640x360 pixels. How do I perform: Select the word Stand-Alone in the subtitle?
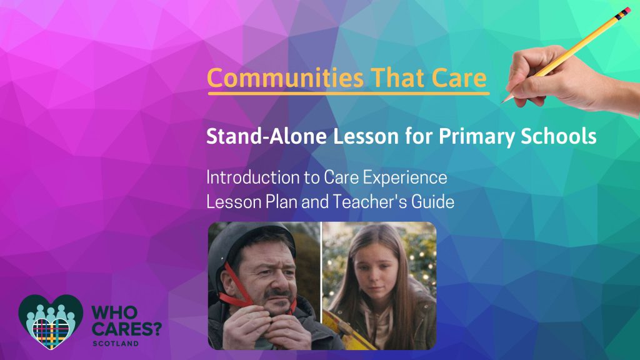(x=266, y=136)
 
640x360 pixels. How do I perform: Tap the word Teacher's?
(x=370, y=202)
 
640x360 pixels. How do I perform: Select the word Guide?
(x=432, y=202)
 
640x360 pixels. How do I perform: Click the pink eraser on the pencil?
(x=625, y=12)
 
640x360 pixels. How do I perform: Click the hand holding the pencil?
(x=567, y=79)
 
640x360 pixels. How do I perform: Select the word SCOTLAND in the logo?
(x=116, y=344)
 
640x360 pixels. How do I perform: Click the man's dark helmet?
(x=244, y=245)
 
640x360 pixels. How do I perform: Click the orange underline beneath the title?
(x=349, y=94)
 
